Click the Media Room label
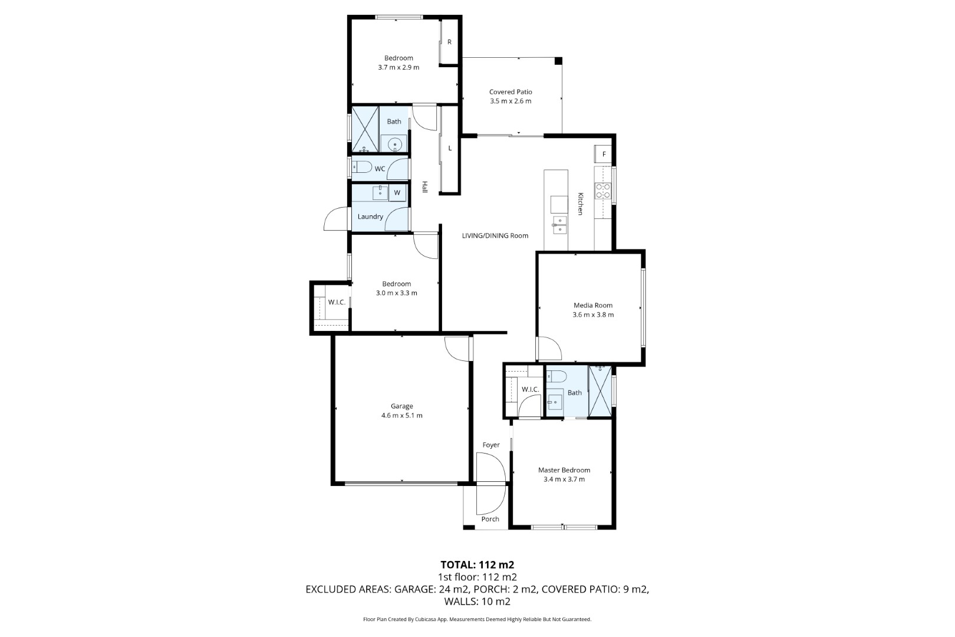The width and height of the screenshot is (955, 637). click(592, 305)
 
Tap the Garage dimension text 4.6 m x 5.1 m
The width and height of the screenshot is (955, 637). click(401, 415)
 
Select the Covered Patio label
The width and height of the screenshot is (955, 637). click(511, 92)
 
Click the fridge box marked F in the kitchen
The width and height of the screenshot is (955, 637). click(603, 154)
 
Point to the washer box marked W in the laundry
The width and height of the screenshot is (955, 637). click(397, 192)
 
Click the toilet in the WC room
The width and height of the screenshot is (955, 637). click(362, 167)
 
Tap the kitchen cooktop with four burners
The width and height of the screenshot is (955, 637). click(603, 191)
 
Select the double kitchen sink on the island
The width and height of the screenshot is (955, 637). click(559, 225)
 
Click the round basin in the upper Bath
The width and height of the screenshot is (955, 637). click(395, 145)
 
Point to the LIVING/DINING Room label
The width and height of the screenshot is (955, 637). click(495, 235)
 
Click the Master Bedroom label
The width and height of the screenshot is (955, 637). click(564, 469)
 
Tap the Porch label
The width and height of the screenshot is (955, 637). click(490, 519)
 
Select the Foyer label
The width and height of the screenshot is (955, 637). click(490, 445)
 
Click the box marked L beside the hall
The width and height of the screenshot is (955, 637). click(450, 149)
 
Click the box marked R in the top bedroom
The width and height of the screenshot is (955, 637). click(449, 42)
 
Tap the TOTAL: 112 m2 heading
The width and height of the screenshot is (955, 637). click(477, 564)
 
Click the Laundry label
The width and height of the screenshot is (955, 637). click(370, 216)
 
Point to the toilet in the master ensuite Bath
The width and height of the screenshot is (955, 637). click(556, 376)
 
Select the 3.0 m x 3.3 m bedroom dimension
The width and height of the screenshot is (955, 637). click(397, 293)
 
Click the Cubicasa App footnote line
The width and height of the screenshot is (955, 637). click(477, 619)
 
